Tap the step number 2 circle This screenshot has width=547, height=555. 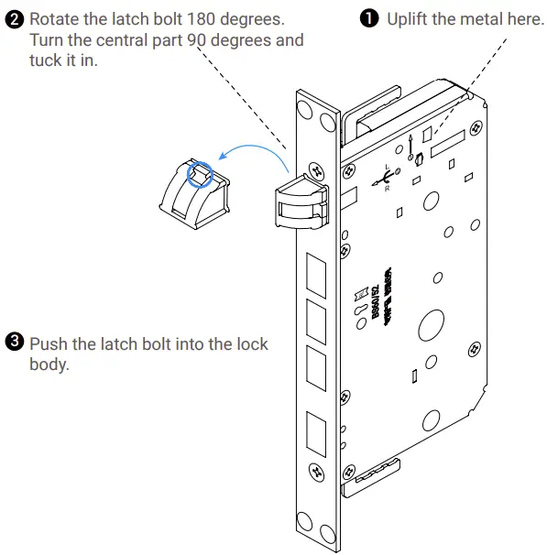[x=13, y=19]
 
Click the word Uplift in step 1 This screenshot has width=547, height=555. [x=410, y=19]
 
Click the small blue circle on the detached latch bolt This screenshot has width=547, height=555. [x=200, y=173]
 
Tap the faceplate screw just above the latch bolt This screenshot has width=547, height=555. [x=317, y=169]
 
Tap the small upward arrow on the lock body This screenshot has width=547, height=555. [x=411, y=139]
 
